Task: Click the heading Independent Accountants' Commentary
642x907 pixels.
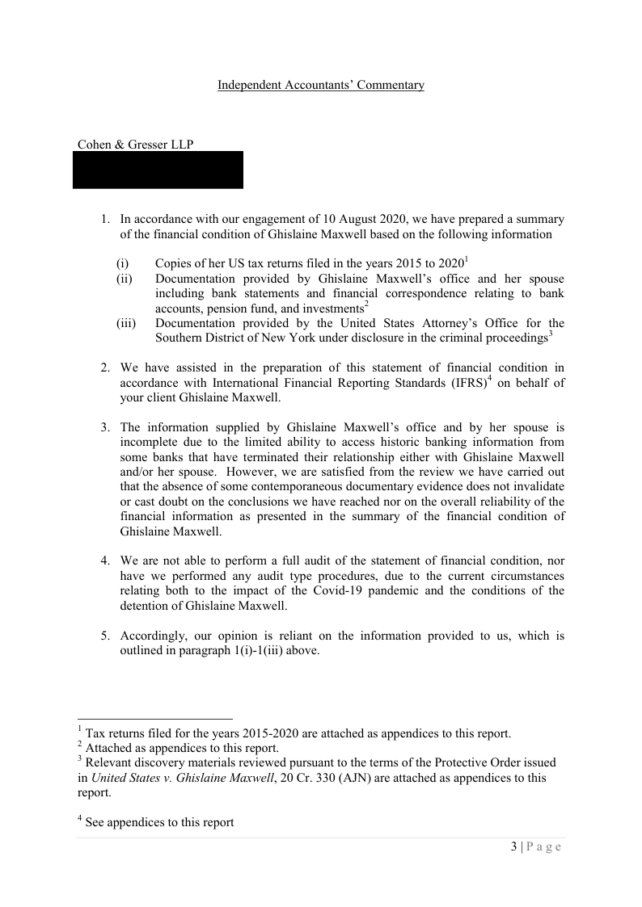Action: point(320,85)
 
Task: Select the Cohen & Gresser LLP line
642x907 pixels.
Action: point(135,145)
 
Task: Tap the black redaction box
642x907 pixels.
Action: point(158,170)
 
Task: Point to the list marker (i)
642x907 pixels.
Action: point(122,263)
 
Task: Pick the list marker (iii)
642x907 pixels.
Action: point(125,323)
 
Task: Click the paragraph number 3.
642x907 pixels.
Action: point(104,426)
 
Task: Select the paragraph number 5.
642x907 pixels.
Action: point(104,636)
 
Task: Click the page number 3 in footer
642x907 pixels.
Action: point(513,846)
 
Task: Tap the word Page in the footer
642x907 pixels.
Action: point(544,846)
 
